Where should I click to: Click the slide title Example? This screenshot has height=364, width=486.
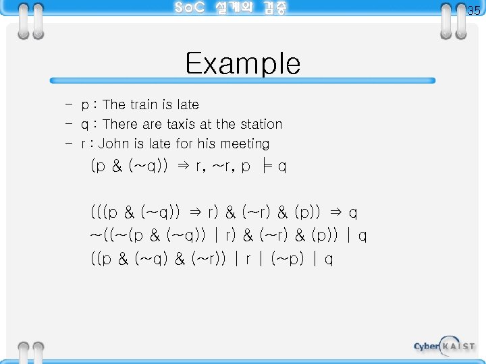243,63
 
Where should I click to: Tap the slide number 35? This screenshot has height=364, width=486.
473,11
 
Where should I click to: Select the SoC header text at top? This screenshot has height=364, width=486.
230,9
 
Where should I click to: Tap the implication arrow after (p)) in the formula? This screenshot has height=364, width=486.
335,212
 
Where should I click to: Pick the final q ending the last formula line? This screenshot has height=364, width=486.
328,259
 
